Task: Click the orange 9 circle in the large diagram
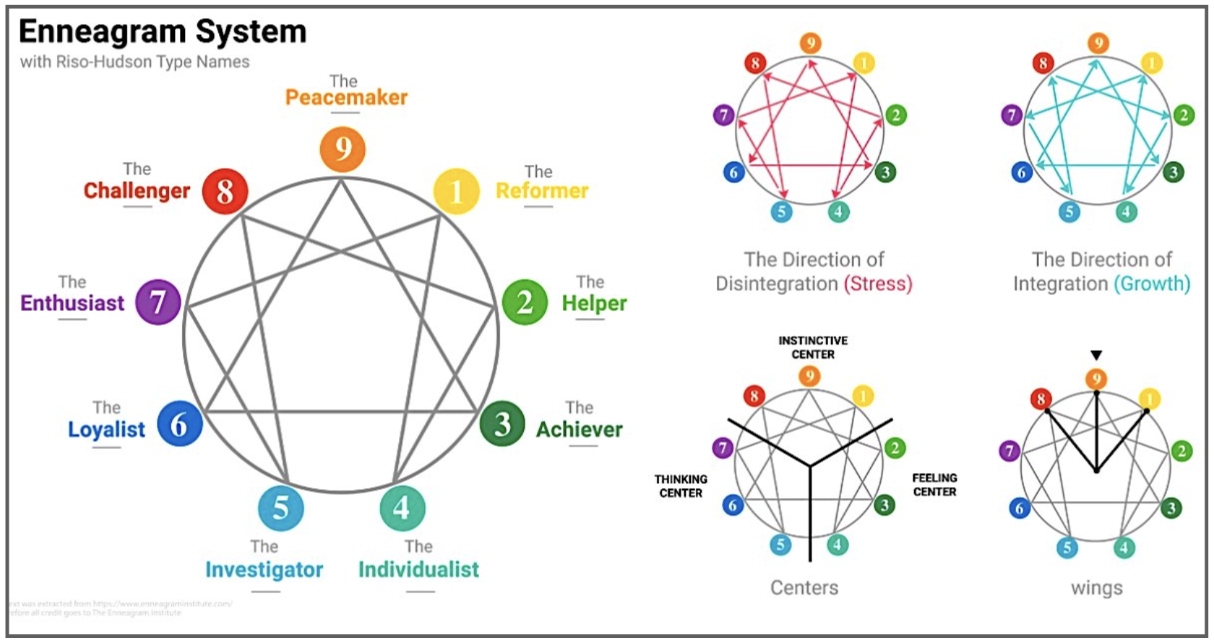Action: tap(343, 150)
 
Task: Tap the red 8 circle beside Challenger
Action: tap(225, 191)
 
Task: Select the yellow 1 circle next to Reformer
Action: tap(456, 191)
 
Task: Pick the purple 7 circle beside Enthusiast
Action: tap(158, 302)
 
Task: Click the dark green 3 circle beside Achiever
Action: tap(502, 423)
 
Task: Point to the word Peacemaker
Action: tap(346, 98)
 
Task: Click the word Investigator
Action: tap(264, 569)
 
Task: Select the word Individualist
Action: tap(418, 569)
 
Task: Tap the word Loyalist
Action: tap(106, 429)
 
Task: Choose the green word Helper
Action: tap(594, 303)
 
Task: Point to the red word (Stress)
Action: tap(878, 283)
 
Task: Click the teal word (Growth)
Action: tap(1152, 283)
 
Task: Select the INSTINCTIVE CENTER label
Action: tap(813, 348)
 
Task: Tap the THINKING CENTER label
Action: tap(681, 486)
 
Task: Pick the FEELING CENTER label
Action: tap(934, 485)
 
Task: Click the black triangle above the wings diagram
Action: tap(1096, 355)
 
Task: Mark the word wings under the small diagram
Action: tap(1096, 588)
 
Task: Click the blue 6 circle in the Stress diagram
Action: tap(733, 172)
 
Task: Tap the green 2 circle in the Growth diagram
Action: tap(1183, 115)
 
